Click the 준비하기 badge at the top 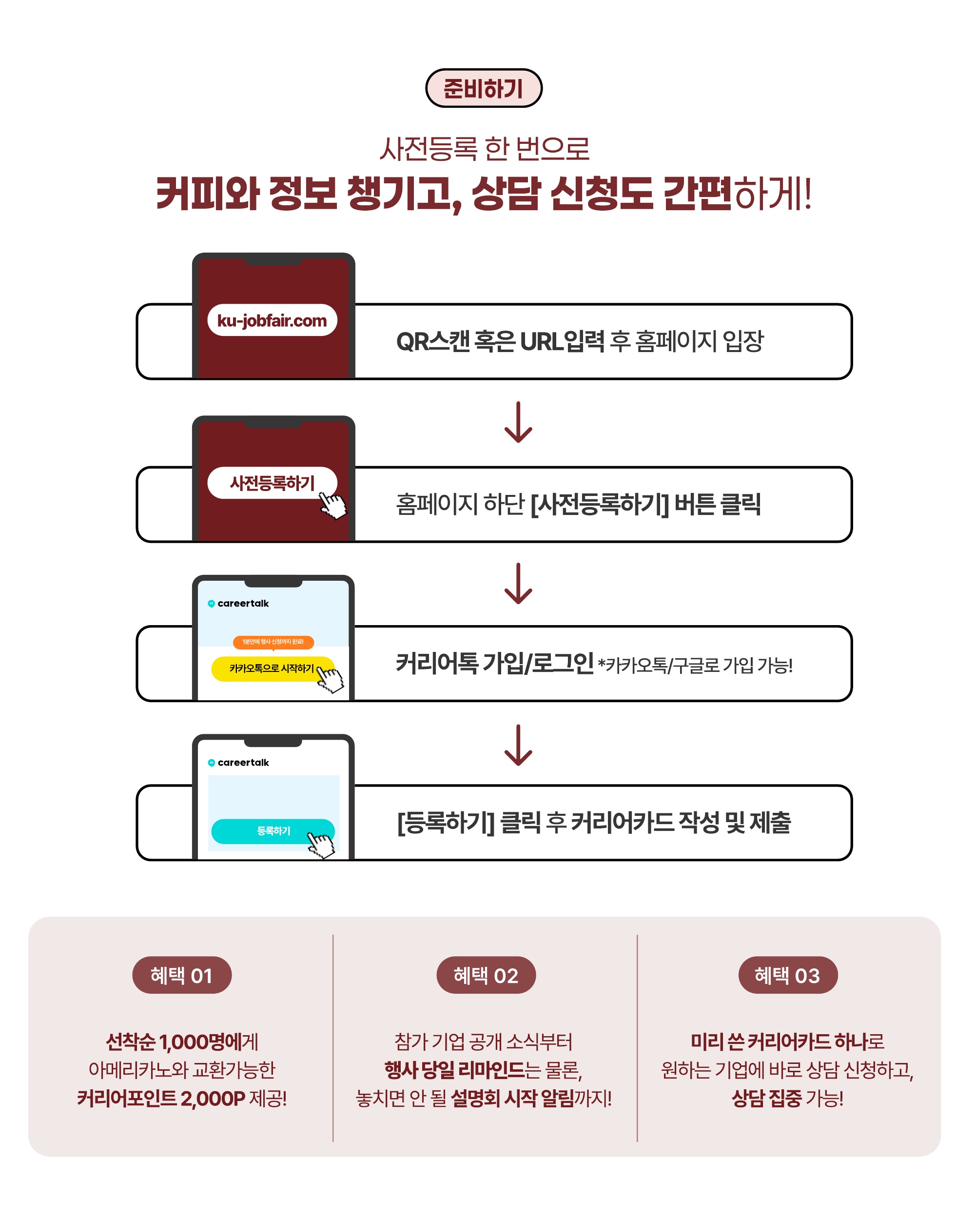(483, 88)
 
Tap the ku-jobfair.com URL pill (272, 320)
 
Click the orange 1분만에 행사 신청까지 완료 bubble (273, 642)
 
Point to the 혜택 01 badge (181, 975)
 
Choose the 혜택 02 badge (486, 975)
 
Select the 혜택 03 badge (787, 975)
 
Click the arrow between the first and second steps (518, 422)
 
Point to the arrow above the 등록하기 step (518, 745)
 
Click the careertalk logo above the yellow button (238, 603)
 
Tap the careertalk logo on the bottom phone (238, 763)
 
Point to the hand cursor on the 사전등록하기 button (332, 504)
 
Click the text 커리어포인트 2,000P (161, 1099)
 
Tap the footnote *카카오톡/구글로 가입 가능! (695, 666)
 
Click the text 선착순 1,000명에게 (182, 1042)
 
